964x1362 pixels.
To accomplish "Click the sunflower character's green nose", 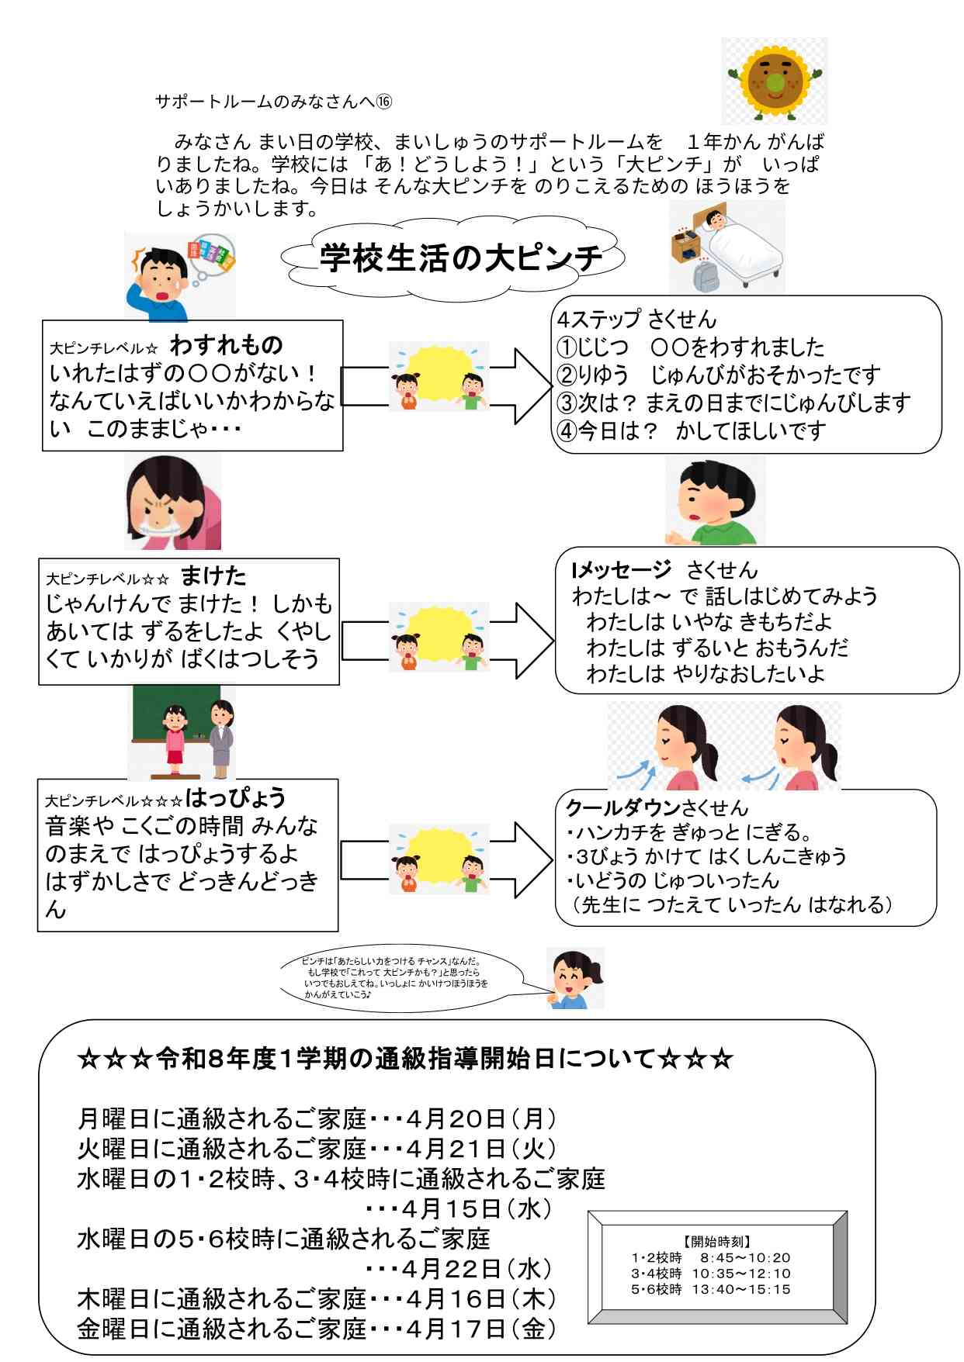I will tap(772, 81).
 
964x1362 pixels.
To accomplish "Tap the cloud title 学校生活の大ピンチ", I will tap(459, 258).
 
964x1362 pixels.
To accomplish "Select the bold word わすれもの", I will tap(226, 344).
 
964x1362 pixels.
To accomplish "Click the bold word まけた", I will tap(213, 576).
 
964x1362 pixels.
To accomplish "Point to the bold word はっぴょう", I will tap(235, 797).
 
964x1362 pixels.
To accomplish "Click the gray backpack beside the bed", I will tap(706, 276).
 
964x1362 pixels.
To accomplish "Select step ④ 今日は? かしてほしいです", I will tap(691, 431).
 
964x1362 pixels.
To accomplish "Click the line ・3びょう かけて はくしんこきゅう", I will tap(706, 856).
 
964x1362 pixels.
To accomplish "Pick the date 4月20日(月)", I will tap(480, 1119).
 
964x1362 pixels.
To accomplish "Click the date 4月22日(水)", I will tap(477, 1269).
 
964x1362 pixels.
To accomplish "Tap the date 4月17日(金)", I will tap(480, 1329).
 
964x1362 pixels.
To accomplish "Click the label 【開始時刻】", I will tap(716, 1241).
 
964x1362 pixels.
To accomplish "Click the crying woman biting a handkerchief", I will tap(173, 503).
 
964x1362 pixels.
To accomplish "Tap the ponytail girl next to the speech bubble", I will tap(575, 979).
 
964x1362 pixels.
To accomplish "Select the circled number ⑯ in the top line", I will tap(384, 102).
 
